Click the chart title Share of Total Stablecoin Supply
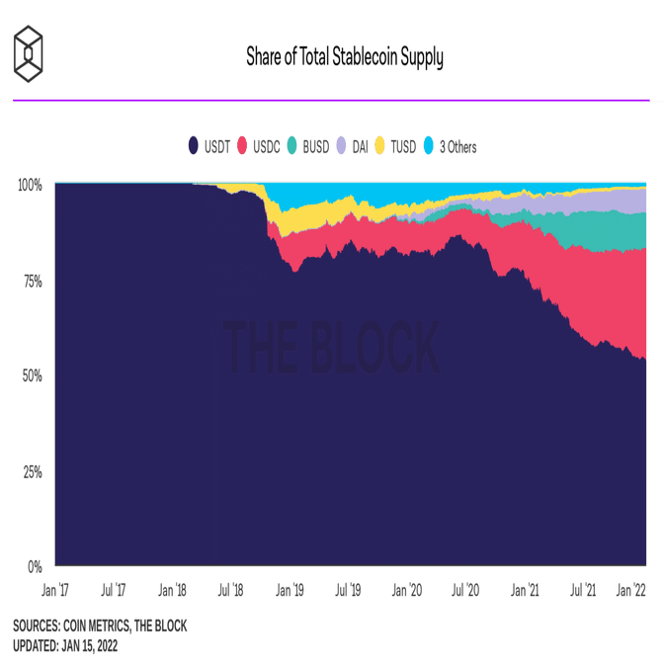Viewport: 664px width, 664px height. click(345, 57)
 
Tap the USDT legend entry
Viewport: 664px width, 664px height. click(208, 147)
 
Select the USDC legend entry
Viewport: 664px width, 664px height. click(259, 147)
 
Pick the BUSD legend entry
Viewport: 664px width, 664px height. click(308, 147)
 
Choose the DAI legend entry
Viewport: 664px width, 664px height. click(357, 147)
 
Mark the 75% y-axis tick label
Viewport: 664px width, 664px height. click(32, 282)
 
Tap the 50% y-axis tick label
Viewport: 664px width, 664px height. click(32, 376)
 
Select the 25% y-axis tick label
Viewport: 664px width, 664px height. click(32, 471)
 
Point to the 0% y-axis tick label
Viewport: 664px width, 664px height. click(35, 567)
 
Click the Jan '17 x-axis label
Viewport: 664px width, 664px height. click(55, 591)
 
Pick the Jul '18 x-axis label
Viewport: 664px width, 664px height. click(230, 591)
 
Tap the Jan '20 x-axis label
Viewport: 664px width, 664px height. click(407, 591)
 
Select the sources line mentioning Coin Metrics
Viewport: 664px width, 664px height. click(99, 625)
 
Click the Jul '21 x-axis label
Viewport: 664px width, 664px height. click(583, 591)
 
